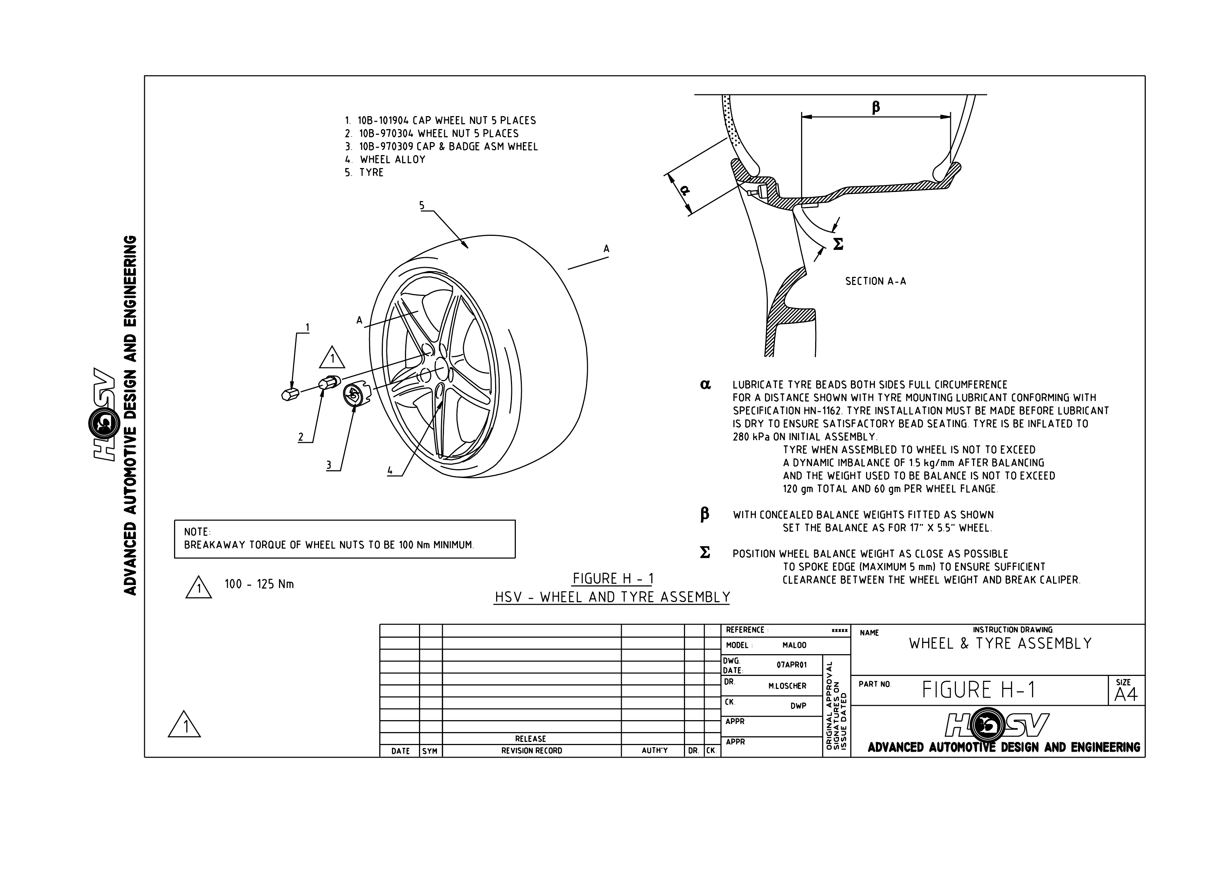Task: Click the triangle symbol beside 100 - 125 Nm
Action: tap(198, 588)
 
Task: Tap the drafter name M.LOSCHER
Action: tap(787, 686)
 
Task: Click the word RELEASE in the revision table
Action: tap(530, 739)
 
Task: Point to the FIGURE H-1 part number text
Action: tap(978, 690)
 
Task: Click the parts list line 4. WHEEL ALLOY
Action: tap(386, 160)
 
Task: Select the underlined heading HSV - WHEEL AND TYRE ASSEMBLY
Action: tap(612, 597)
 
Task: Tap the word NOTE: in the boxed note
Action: tap(197, 532)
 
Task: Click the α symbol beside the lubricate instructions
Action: tap(706, 384)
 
